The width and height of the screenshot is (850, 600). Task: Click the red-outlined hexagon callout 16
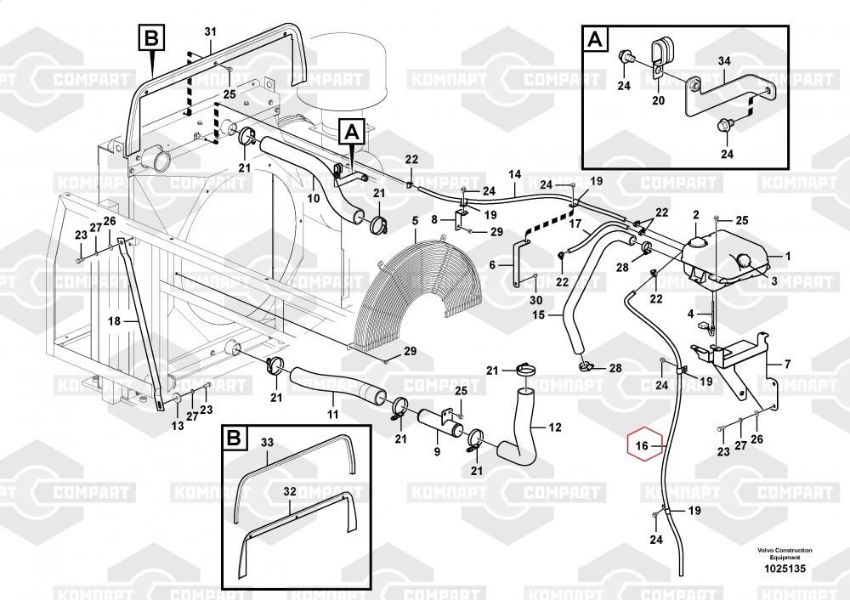click(643, 444)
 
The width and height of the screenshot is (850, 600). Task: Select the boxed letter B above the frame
click(151, 38)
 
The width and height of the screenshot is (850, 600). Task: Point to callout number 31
click(211, 32)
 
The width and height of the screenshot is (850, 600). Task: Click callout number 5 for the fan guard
click(415, 223)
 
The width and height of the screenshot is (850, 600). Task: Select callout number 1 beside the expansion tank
click(787, 256)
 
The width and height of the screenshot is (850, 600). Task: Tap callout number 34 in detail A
click(724, 61)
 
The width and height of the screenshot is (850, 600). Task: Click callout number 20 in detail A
click(658, 100)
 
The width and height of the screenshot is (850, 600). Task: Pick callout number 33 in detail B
click(267, 443)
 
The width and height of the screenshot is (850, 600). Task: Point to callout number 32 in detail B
click(289, 491)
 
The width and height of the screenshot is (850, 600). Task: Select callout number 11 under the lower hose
click(333, 414)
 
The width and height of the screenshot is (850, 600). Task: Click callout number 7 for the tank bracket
click(787, 365)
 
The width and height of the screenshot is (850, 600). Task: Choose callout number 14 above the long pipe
click(514, 175)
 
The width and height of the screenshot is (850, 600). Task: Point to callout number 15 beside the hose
click(538, 315)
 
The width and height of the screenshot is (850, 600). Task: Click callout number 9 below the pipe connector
click(437, 451)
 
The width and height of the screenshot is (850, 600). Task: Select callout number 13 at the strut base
click(178, 426)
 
